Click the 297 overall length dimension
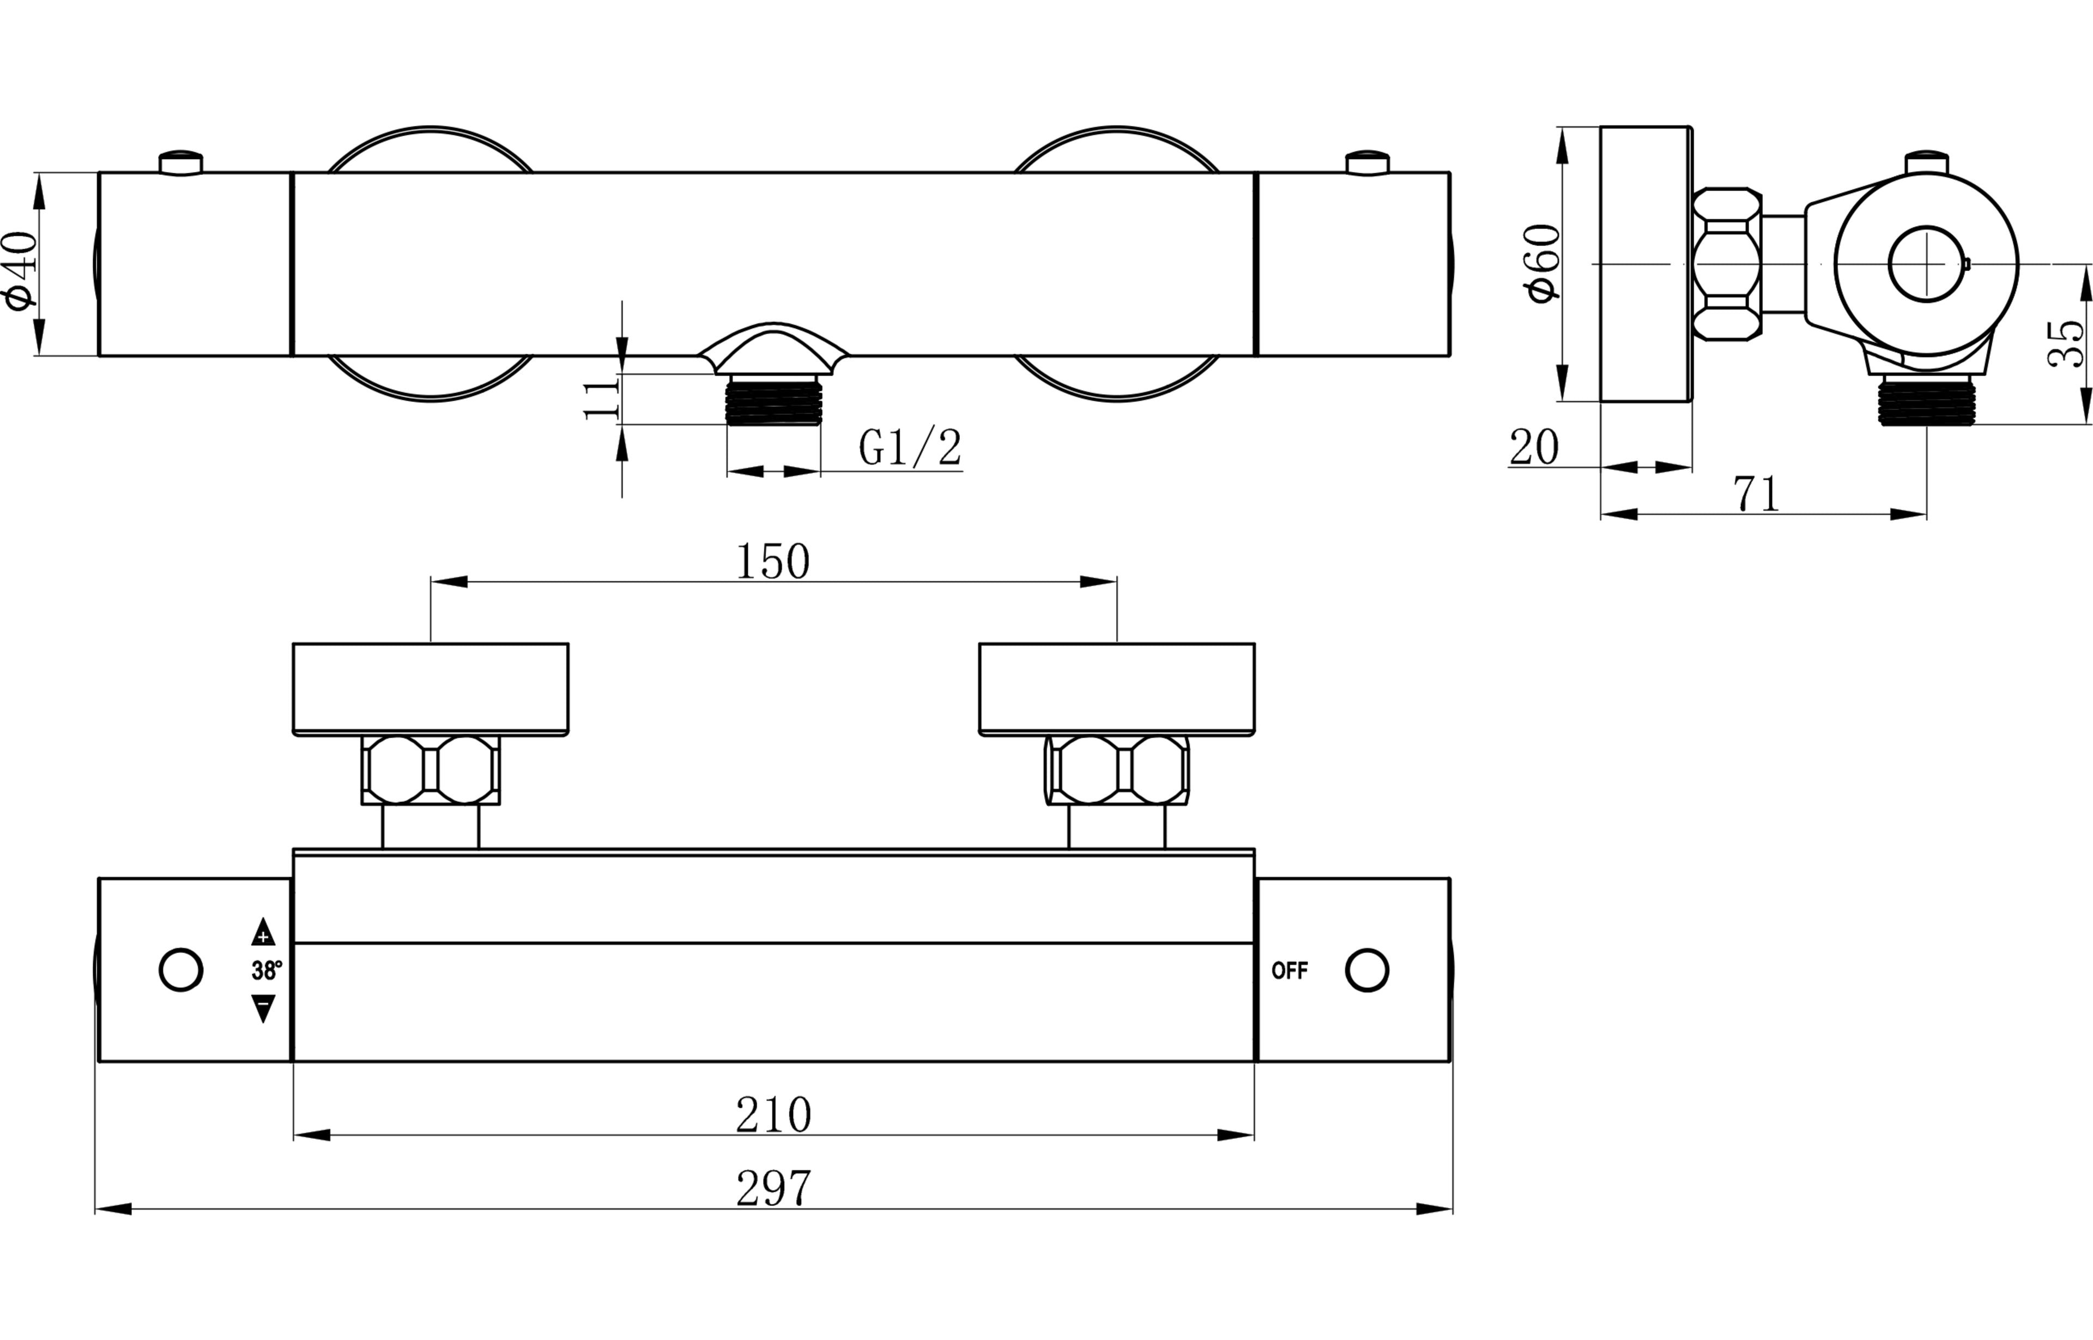pyautogui.click(x=773, y=1188)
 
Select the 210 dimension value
pyautogui.click(x=773, y=1115)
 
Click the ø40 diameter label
pyautogui.click(x=22, y=270)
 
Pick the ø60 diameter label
pyautogui.click(x=1543, y=264)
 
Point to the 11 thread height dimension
pyautogui.click(x=600, y=399)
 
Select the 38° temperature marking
pyautogui.click(x=266, y=971)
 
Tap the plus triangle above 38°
pyautogui.click(x=263, y=933)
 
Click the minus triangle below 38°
pyautogui.click(x=263, y=1009)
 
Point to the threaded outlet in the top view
pyautogui.click(x=773, y=401)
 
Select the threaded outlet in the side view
pyautogui.click(x=1926, y=402)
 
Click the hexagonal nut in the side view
pyautogui.click(x=1727, y=264)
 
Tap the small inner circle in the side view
pyautogui.click(x=1926, y=264)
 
